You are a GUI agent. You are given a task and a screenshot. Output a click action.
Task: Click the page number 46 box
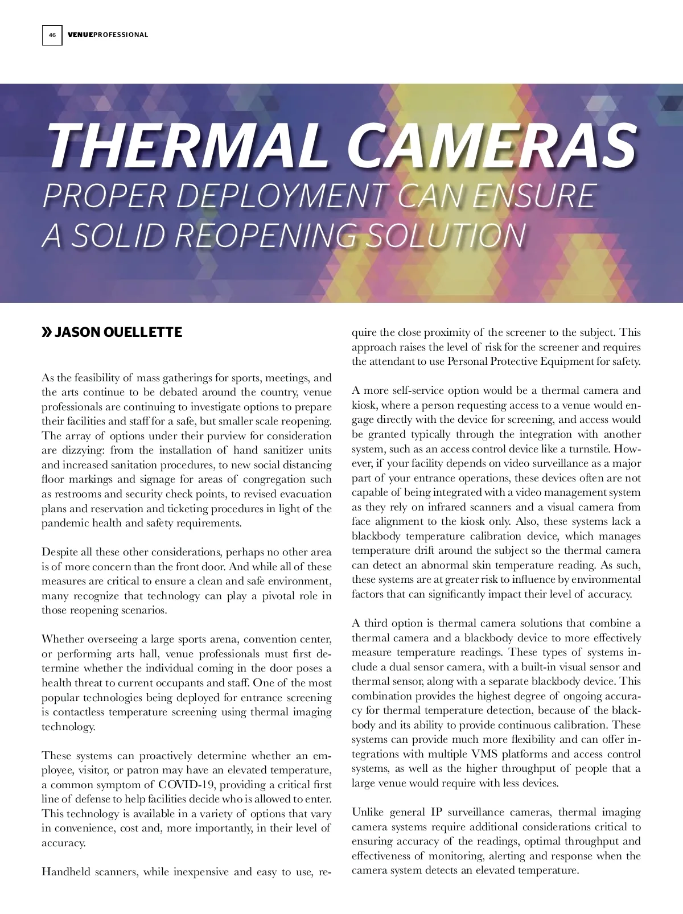point(52,35)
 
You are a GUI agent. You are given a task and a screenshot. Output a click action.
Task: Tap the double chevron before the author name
point(47,332)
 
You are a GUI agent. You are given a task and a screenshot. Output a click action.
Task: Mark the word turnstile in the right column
point(591,448)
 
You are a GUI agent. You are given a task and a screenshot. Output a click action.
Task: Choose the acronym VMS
point(484,754)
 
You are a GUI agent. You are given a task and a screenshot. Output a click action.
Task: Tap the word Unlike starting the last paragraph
point(368,812)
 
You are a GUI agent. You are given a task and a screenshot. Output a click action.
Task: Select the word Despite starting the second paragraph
point(60,552)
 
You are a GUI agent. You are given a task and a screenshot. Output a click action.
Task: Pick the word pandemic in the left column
point(64,523)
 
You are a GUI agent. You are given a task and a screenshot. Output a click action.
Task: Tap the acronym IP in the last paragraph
point(437,812)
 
